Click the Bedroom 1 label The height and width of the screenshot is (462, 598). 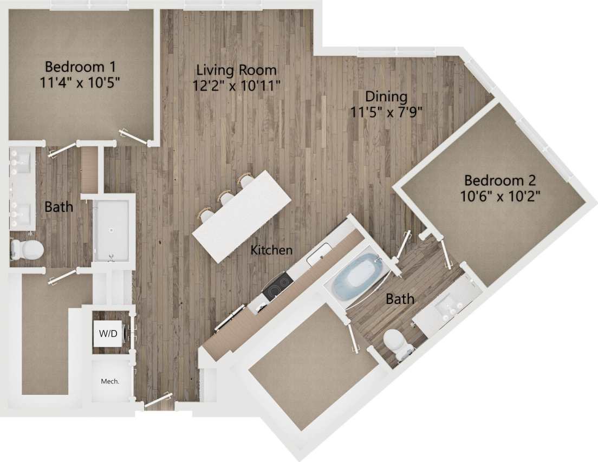coord(80,67)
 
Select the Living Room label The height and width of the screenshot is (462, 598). coord(236,70)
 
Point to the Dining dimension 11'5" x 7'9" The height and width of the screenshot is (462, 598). coord(386,112)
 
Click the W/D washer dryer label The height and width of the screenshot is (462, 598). coord(108,334)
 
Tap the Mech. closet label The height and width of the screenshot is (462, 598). coord(110,381)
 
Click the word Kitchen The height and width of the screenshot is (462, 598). coord(271,250)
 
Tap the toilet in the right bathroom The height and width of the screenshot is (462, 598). coord(395,343)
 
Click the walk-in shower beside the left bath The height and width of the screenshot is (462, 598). coord(112,230)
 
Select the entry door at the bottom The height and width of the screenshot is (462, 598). coord(158,401)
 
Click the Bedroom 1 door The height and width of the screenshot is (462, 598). coord(133,137)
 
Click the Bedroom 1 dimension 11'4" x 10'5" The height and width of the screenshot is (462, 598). coord(80,83)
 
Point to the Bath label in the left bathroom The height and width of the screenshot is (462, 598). coord(58,206)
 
